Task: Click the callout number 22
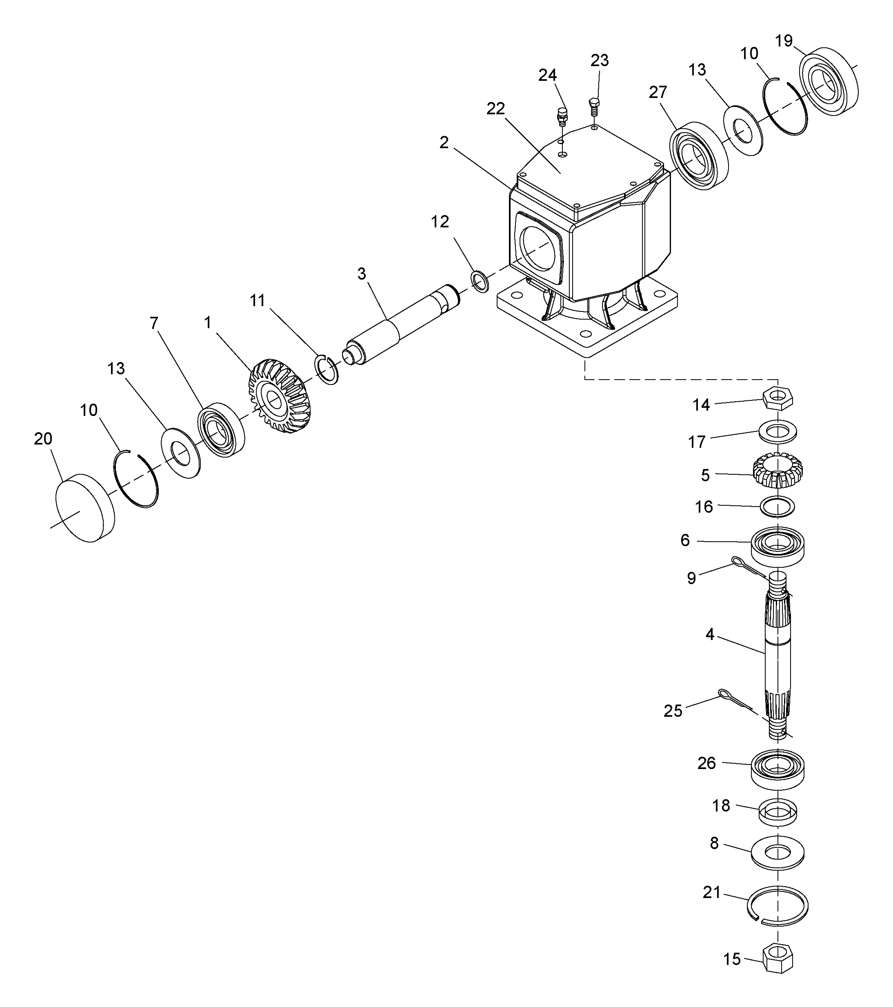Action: point(495,108)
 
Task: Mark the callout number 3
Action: point(362,274)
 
